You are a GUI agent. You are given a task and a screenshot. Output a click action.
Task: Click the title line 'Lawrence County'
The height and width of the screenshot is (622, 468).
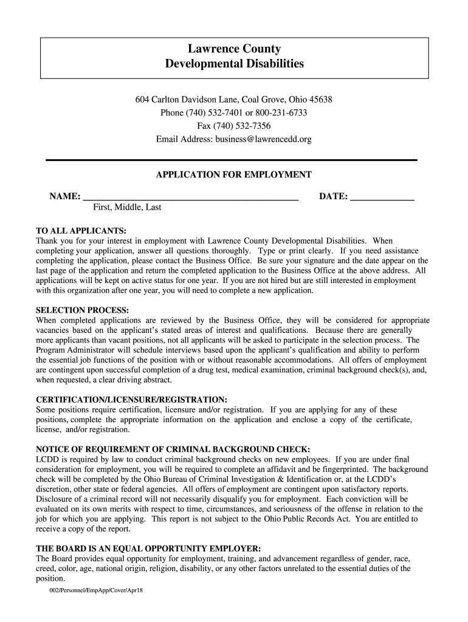click(x=234, y=49)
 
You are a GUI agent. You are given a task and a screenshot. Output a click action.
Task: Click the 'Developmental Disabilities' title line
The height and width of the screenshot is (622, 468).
click(x=234, y=64)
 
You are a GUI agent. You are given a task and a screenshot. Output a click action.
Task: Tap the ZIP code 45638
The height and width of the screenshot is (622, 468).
click(x=320, y=100)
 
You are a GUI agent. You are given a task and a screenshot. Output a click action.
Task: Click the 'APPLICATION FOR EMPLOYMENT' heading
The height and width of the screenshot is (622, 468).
click(x=234, y=175)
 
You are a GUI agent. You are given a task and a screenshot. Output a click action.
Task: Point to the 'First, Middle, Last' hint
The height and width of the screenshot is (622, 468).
click(x=127, y=208)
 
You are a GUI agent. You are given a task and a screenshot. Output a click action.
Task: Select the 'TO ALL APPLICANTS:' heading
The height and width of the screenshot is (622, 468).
click(x=81, y=231)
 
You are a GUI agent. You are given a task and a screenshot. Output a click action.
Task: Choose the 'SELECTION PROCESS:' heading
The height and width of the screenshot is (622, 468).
click(x=83, y=310)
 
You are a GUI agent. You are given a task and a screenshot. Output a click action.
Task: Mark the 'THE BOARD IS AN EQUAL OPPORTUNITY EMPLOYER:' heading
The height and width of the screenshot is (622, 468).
click(x=149, y=549)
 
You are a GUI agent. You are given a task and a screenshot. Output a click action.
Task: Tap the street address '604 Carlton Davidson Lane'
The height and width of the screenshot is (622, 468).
click(x=187, y=100)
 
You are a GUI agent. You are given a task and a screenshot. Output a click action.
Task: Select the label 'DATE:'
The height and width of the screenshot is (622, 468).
click(x=334, y=197)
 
